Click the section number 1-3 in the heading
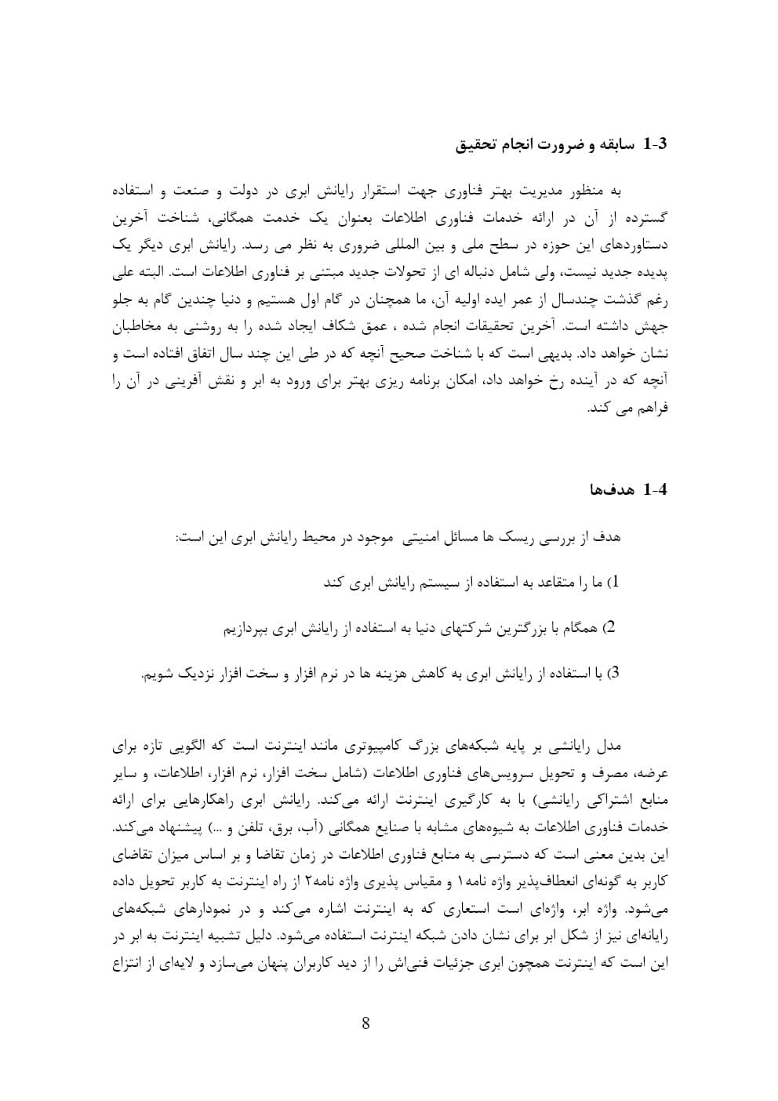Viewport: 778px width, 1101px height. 653,144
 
